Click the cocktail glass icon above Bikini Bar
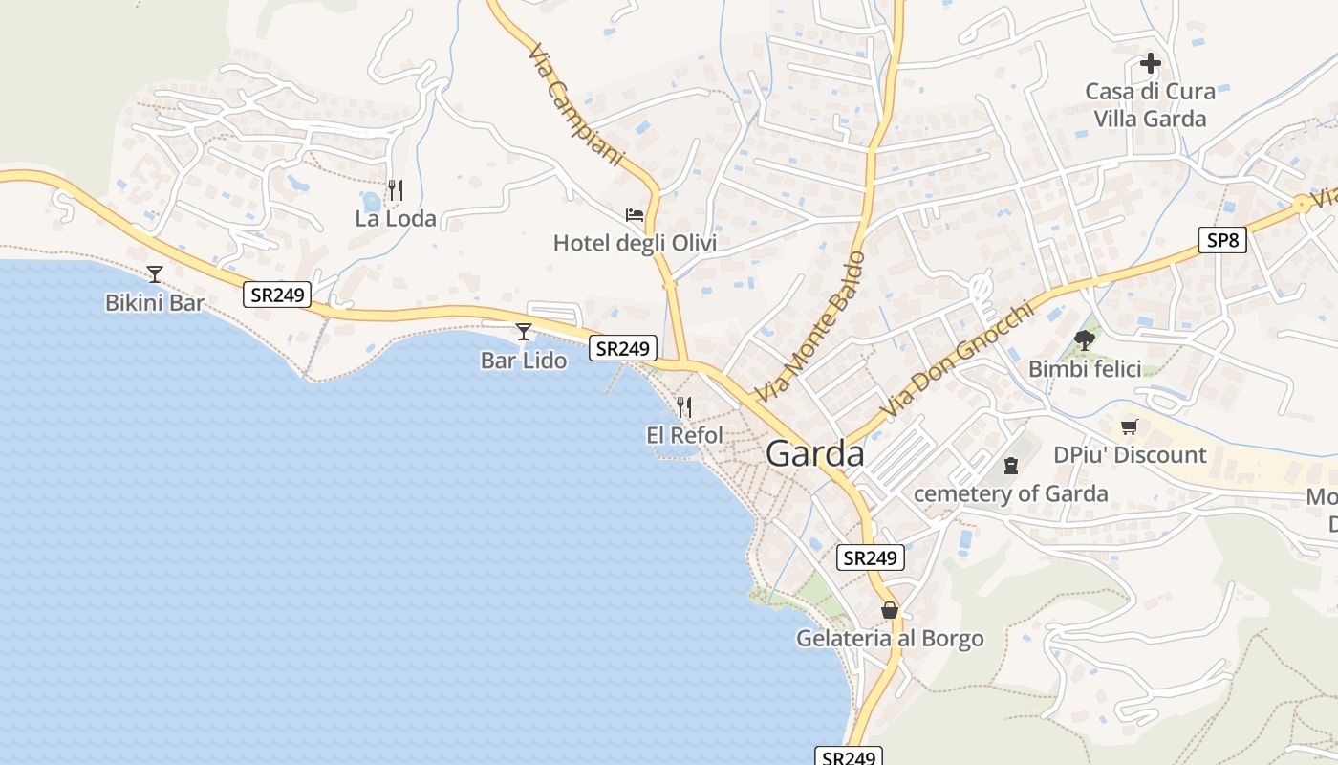[x=155, y=274]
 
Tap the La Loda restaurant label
[x=396, y=219]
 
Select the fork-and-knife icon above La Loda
[x=396, y=189]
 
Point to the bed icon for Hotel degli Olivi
[x=635, y=214]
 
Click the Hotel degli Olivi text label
[x=635, y=244]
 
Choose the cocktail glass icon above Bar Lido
[x=524, y=332]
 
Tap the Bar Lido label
[x=524, y=361]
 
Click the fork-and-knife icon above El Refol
[x=684, y=407]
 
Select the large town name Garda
[x=815, y=454]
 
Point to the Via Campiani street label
[x=574, y=105]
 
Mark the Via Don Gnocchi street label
[x=958, y=361]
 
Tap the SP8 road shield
[x=1222, y=240]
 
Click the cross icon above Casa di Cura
[x=1151, y=64]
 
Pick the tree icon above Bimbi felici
[x=1085, y=339]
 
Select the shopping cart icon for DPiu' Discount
[x=1130, y=426]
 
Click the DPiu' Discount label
[x=1130, y=455]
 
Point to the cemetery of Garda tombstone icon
[x=1011, y=466]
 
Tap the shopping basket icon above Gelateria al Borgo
[x=890, y=610]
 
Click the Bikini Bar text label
[x=155, y=303]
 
